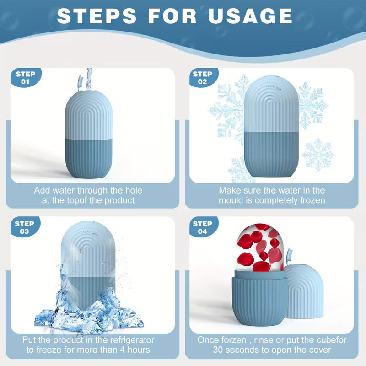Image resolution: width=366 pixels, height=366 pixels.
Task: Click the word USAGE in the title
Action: (250, 16)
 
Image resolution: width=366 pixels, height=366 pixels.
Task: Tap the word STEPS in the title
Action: (97, 16)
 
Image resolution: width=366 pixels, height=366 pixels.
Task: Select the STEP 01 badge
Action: (26, 78)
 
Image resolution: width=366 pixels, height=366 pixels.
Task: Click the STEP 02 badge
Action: (203, 78)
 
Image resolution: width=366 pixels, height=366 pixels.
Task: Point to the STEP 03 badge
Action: (25, 227)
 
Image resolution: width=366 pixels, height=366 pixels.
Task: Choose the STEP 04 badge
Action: (203, 227)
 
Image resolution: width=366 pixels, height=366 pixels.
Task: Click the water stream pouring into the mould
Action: (89, 79)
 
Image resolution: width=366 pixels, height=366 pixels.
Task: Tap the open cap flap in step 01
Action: (80, 84)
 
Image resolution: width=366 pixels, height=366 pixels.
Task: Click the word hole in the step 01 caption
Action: (134, 190)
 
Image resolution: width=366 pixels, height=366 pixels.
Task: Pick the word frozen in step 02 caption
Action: (312, 200)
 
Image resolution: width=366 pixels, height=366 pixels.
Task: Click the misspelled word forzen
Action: (222, 340)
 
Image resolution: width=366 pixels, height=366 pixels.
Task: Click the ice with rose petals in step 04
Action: (260, 248)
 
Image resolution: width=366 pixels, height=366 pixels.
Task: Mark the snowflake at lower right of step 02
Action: (318, 155)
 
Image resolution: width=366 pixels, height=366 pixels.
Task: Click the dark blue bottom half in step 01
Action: (88, 158)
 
